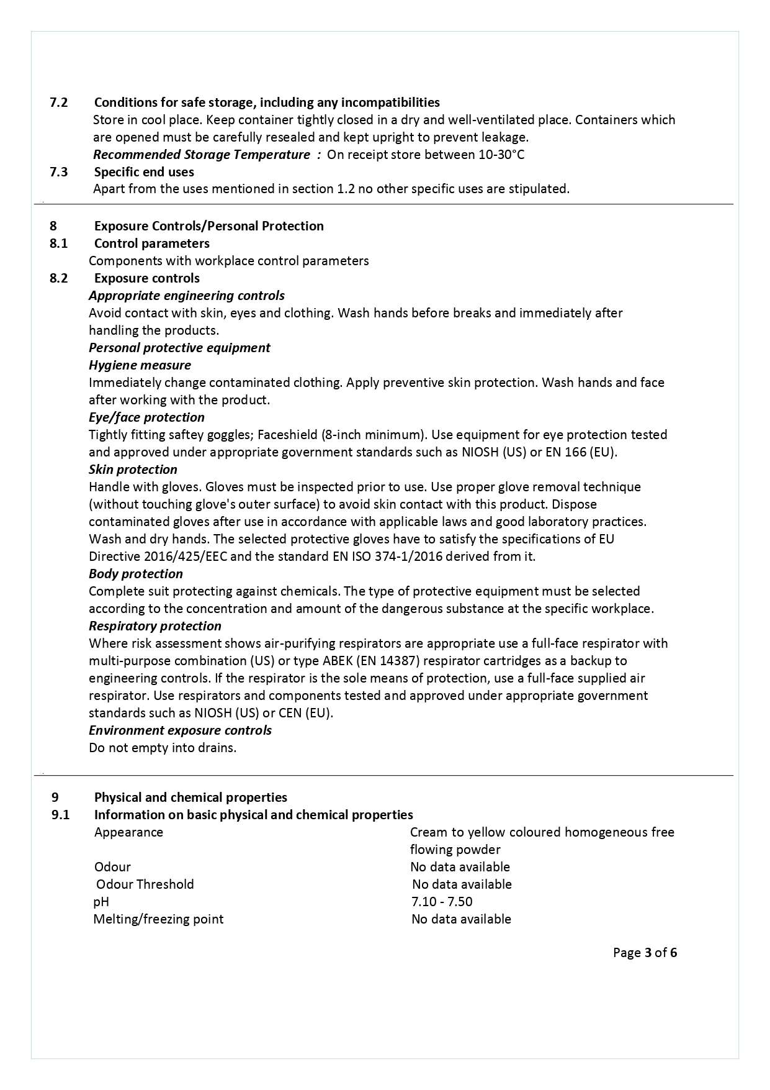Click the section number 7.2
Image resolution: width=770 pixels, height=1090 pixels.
coord(59,102)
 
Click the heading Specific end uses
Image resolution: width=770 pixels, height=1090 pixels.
coord(144,172)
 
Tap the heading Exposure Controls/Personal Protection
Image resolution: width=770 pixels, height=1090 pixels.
coord(208,226)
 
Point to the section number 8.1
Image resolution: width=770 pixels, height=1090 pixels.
coord(59,243)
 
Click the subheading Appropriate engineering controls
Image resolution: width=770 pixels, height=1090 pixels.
coord(187,296)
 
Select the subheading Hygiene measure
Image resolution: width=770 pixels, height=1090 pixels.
coord(140,365)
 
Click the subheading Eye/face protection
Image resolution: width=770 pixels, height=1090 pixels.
coord(146,417)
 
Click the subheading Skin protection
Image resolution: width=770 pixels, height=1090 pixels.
coord(133,470)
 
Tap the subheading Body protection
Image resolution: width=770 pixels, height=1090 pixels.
coord(136,574)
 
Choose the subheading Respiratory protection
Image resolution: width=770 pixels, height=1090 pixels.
coord(155,626)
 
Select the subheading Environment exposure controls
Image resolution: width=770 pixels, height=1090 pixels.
coord(180,730)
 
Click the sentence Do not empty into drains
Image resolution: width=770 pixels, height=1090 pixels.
coord(163,748)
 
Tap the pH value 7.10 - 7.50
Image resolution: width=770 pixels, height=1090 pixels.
coord(442,902)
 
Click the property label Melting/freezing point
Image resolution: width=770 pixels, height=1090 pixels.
coord(158,919)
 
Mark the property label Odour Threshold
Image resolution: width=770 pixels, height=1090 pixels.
coord(145,884)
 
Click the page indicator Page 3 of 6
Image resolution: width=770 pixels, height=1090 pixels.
coord(645,953)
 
